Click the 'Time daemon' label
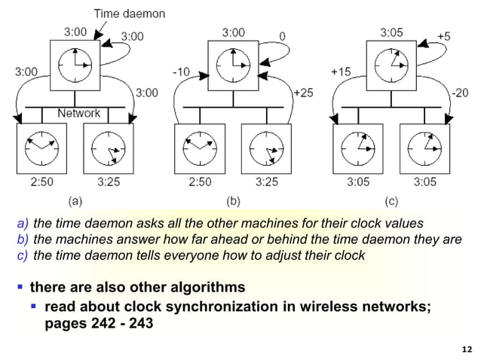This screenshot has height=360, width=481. (x=130, y=13)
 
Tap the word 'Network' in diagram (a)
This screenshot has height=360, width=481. (x=79, y=113)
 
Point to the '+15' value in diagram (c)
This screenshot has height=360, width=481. (x=342, y=72)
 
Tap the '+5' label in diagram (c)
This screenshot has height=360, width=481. (x=445, y=35)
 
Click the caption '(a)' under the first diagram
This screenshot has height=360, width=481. (x=75, y=202)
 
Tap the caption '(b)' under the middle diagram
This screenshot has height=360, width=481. (x=233, y=202)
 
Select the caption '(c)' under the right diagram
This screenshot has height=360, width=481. (x=391, y=202)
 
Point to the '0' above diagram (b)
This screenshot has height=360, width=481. (x=282, y=35)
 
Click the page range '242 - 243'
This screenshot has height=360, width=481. (x=125, y=325)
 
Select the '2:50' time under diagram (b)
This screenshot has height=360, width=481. (x=200, y=181)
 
